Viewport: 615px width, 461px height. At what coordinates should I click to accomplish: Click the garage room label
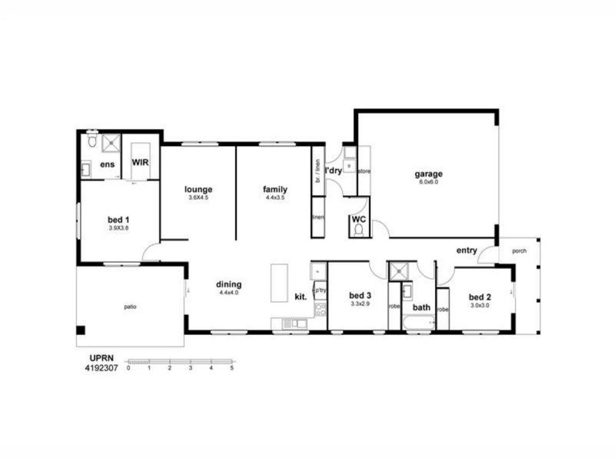(430, 174)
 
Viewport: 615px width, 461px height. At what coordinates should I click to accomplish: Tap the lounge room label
(198, 189)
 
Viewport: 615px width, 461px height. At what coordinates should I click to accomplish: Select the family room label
(274, 189)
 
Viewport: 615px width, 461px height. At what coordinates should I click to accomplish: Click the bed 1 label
(118, 220)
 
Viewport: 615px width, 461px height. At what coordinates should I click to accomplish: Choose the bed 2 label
(479, 297)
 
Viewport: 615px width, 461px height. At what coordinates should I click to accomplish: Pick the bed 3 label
(360, 295)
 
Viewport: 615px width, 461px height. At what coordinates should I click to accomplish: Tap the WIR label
(140, 163)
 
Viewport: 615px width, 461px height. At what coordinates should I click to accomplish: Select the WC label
(357, 219)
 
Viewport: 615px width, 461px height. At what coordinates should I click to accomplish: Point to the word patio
(131, 307)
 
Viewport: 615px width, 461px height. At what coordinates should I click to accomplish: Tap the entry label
(467, 250)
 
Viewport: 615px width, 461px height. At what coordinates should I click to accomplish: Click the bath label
(421, 308)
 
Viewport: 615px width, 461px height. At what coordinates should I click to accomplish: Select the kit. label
(301, 296)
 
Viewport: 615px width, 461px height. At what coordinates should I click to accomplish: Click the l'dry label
(333, 170)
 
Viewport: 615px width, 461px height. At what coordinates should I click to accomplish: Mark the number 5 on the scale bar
(232, 368)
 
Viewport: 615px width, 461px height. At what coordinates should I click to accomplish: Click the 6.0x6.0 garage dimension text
(430, 182)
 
